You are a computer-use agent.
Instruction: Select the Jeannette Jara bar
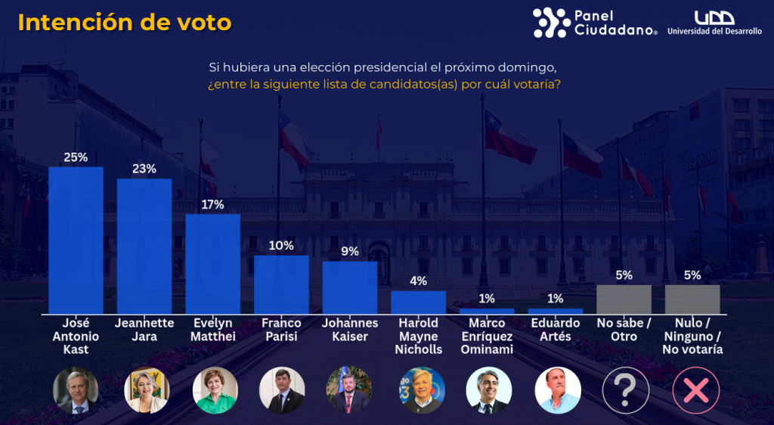click(144, 246)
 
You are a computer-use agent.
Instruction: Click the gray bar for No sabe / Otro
click(624, 299)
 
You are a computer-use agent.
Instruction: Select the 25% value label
click(76, 157)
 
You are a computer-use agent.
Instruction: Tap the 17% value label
click(212, 205)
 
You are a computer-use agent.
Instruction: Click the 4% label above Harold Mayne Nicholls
click(418, 281)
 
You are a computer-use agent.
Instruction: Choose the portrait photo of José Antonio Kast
click(76, 390)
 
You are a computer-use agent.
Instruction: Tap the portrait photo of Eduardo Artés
click(558, 390)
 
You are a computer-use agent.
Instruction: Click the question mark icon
click(626, 390)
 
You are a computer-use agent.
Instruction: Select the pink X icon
click(695, 390)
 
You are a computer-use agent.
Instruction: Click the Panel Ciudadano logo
click(595, 23)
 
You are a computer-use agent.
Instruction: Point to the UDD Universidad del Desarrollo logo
click(714, 23)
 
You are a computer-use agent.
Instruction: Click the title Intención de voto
click(125, 23)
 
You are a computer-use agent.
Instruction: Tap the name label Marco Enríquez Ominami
click(486, 337)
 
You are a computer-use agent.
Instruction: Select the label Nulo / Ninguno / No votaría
click(692, 337)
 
